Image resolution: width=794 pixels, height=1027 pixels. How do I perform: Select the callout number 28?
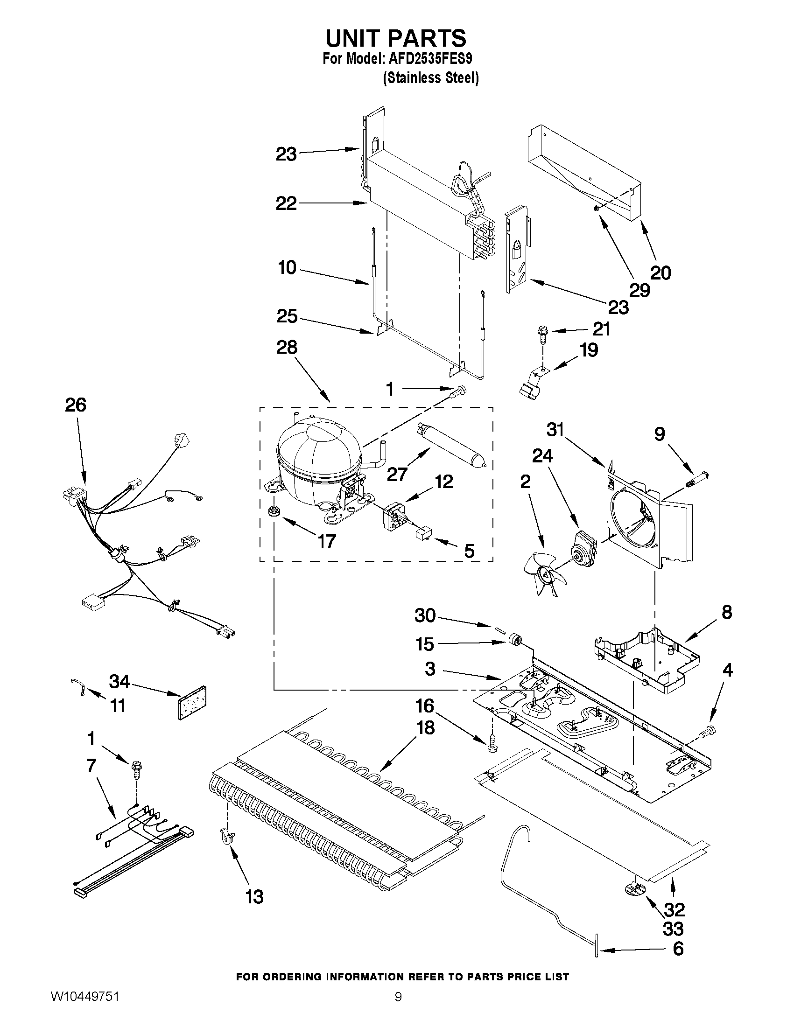[x=287, y=348]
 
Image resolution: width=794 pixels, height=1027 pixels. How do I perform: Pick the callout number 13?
[x=254, y=897]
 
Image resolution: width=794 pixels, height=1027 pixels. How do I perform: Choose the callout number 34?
[x=119, y=681]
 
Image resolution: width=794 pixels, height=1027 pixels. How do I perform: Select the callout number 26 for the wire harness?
[x=76, y=405]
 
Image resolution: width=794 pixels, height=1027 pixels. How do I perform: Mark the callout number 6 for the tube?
[x=678, y=949]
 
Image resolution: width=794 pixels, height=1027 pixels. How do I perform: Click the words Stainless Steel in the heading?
[x=431, y=78]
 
